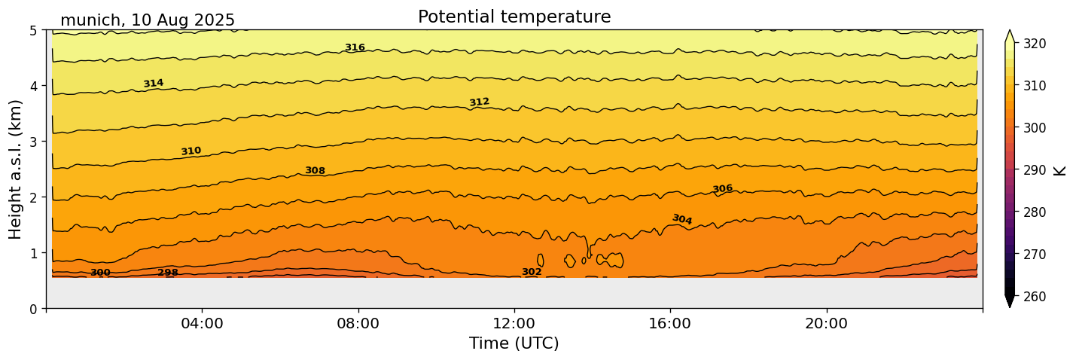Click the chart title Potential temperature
click(x=514, y=17)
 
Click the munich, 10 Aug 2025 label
click(x=148, y=20)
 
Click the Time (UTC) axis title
click(x=514, y=343)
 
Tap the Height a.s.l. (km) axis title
click(x=17, y=169)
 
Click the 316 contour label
click(x=355, y=47)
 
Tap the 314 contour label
click(x=154, y=84)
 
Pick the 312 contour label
click(x=479, y=102)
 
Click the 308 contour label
click(x=315, y=171)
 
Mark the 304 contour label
click(x=681, y=219)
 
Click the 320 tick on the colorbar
click(x=1034, y=44)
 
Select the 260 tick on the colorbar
click(x=1034, y=297)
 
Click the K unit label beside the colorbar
click(x=1060, y=170)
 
